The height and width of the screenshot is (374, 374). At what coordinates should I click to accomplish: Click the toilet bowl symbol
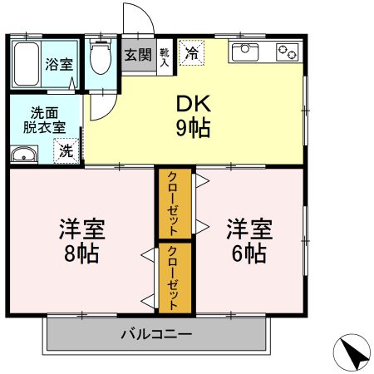click(101, 57)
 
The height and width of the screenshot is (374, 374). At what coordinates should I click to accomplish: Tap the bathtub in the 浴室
click(27, 64)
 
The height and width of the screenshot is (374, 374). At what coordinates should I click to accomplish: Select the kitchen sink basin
click(245, 52)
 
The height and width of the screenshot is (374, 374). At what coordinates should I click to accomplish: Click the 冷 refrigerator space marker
click(192, 52)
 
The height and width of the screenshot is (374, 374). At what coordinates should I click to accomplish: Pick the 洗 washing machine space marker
click(66, 150)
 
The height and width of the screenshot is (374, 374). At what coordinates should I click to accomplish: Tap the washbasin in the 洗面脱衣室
click(24, 154)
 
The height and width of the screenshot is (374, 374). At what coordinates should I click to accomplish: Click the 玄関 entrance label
click(138, 55)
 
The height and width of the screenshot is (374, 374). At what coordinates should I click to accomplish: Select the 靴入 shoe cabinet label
click(165, 57)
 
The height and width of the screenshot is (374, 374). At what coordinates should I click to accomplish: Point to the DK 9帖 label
click(194, 116)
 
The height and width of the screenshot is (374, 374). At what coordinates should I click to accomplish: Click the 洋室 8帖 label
click(82, 241)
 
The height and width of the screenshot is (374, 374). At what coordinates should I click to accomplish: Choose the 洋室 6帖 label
click(249, 241)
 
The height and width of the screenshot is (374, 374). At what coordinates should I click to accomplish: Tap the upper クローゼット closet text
click(172, 204)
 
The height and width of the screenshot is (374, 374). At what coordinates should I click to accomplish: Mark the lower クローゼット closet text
click(172, 278)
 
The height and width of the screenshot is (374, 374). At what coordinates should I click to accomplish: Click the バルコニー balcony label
click(156, 334)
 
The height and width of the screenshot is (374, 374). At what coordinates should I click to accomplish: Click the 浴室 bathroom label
click(59, 64)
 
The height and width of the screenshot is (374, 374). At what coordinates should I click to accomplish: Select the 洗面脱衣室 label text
click(44, 121)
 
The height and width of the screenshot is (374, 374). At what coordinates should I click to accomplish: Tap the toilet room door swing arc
click(110, 112)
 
